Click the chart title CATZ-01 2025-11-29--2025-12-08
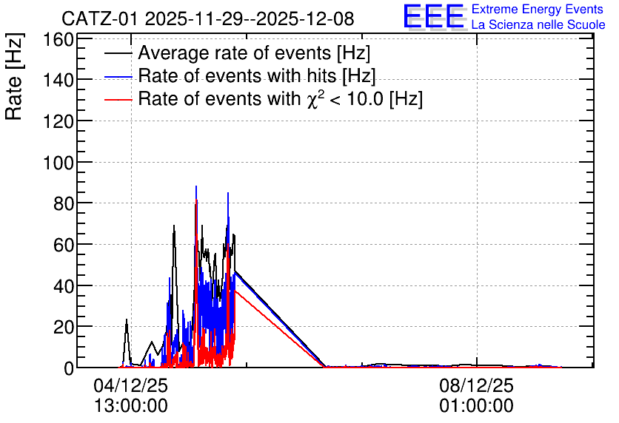coord(207,18)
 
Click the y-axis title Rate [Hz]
coord(14,76)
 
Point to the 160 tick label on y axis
coord(58,40)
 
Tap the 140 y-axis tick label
coord(58,81)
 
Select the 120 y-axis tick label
coord(58,122)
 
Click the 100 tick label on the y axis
coord(58,163)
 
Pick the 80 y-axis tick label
coord(64,204)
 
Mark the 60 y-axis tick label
coord(64,246)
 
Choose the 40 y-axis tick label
coord(64,286)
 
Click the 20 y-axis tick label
coord(64,327)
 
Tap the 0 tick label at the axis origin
coord(69,368)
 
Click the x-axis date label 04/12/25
coord(130,385)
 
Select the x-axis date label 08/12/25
coord(477,385)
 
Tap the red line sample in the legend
coord(118,100)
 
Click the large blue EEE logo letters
coord(433,16)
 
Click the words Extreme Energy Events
coord(538,9)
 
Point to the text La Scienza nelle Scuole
coord(538,24)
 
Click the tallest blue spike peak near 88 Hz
coord(196,186)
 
